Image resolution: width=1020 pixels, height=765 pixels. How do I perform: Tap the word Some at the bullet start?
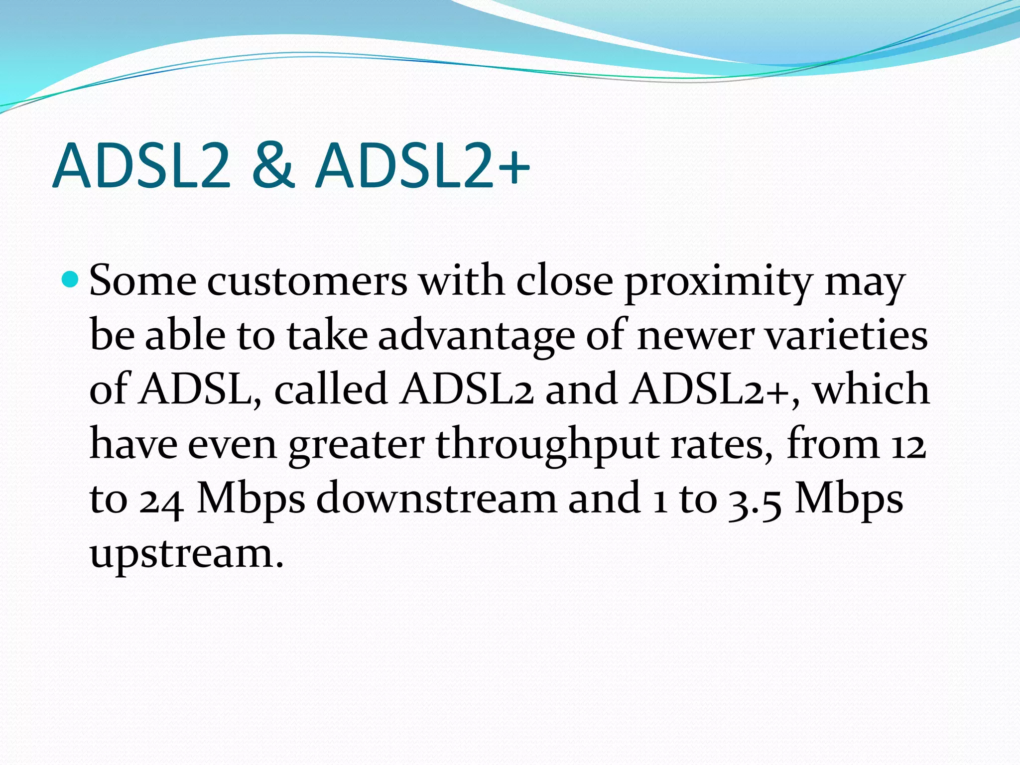tap(143, 281)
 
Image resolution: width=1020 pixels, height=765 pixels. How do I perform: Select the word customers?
tap(307, 281)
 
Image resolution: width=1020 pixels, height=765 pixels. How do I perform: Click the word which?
tap(871, 389)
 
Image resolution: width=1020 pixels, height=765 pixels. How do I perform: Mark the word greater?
tap(356, 446)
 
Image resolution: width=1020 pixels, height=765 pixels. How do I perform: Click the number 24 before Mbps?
tap(161, 500)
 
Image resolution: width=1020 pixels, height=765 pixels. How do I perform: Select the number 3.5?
tap(755, 500)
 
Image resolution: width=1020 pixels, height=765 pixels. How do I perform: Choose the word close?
tap(564, 281)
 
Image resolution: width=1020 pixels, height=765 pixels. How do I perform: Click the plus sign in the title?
tap(513, 167)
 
